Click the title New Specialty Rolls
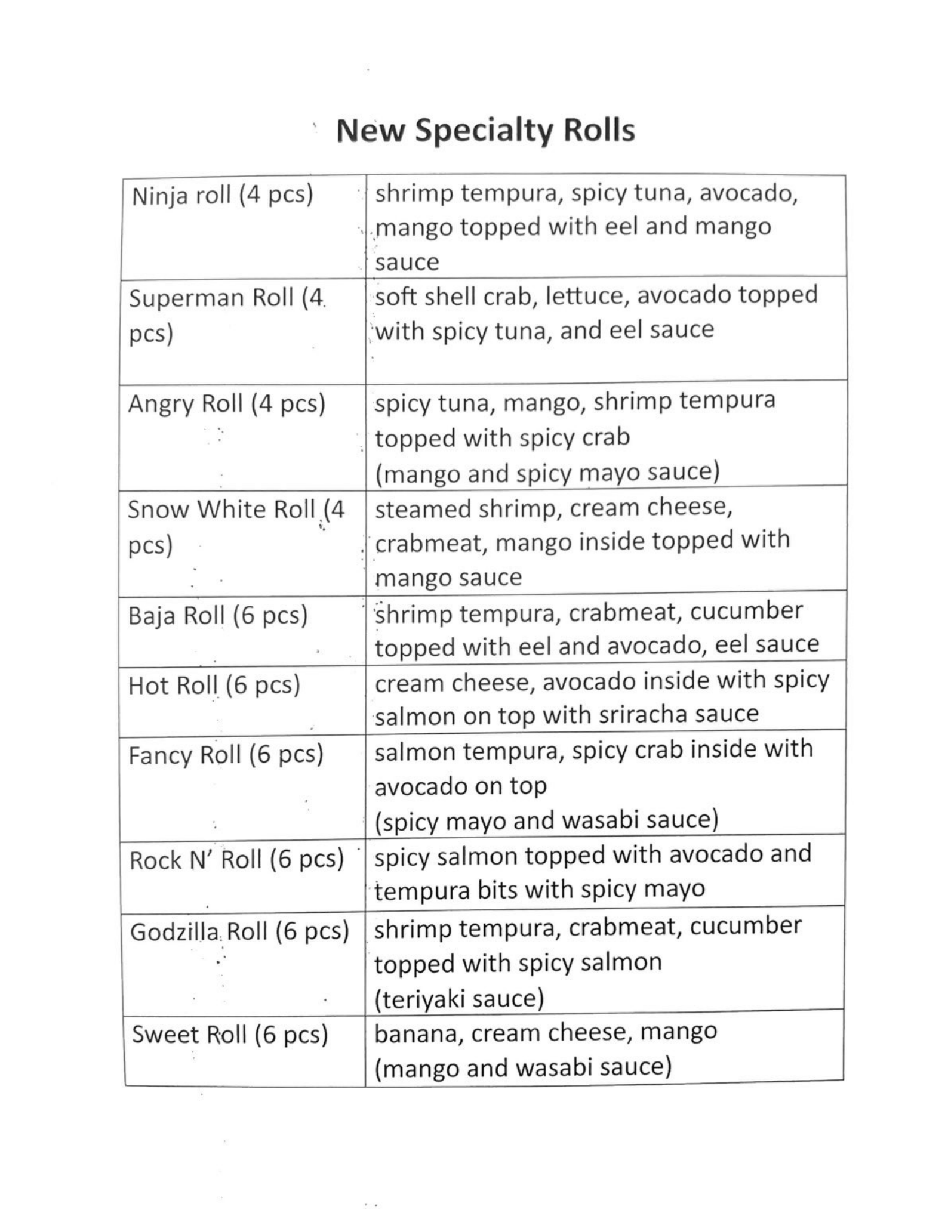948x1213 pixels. [x=485, y=130]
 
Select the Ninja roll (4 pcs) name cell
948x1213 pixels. [x=222, y=196]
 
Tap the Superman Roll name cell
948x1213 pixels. [x=227, y=314]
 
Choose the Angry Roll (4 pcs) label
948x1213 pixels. [x=227, y=404]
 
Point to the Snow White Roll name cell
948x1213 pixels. [x=236, y=526]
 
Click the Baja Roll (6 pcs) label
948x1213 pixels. [x=218, y=615]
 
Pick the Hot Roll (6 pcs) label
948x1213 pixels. [x=214, y=685]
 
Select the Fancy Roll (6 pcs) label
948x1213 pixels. [x=226, y=755]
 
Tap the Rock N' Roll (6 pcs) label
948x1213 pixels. [x=237, y=859]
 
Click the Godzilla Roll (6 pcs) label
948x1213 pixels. [x=239, y=931]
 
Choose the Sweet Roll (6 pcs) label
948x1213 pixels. [x=230, y=1035]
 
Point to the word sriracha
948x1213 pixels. [x=636, y=714]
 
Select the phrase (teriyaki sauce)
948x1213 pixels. [x=459, y=998]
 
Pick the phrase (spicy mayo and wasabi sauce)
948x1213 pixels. [x=546, y=820]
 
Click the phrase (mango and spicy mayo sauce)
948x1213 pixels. [x=547, y=473]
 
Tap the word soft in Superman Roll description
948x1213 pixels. [x=396, y=296]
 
